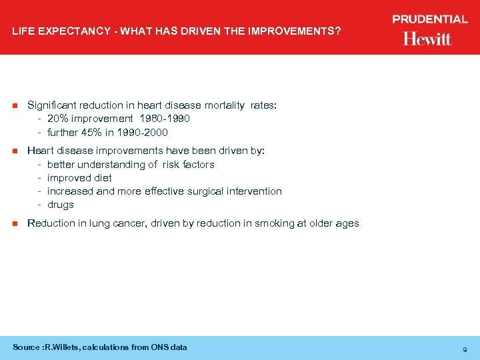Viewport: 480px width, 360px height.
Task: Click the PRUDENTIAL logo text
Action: pyautogui.click(x=429, y=19)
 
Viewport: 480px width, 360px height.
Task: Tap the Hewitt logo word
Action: pyautogui.click(x=427, y=39)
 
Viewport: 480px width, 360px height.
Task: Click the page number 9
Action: pyautogui.click(x=464, y=349)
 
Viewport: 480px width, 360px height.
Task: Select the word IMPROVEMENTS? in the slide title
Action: pyautogui.click(x=301, y=31)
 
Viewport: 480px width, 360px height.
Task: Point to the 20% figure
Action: pyautogui.click(x=58, y=119)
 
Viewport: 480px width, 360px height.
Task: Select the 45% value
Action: pyautogui.click(x=92, y=132)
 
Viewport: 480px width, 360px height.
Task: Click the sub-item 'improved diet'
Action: pyautogui.click(x=79, y=178)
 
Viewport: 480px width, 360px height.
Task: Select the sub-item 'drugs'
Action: pyautogui.click(x=61, y=205)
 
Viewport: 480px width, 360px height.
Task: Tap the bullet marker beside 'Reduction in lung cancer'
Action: pyautogui.click(x=15, y=224)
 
